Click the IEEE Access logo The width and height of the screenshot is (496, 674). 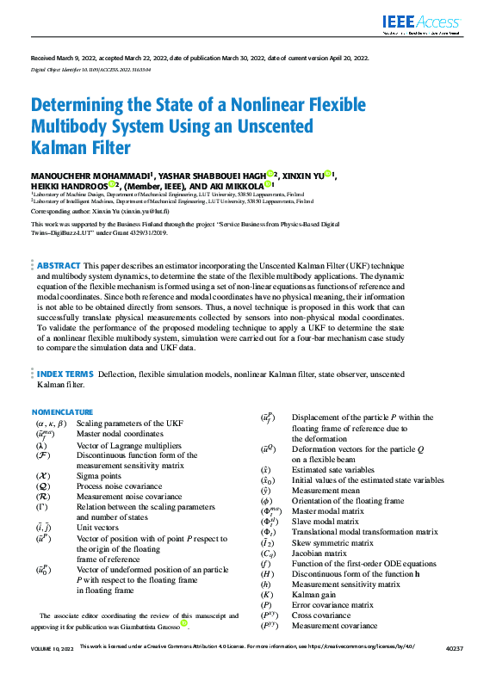click(422, 24)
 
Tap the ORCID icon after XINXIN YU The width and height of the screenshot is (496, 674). click(328, 175)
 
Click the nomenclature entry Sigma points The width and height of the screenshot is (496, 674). click(100, 475)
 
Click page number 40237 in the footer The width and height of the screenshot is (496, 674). click(455, 668)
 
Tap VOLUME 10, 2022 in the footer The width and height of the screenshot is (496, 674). click(53, 668)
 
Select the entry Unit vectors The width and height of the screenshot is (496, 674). click(96, 527)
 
